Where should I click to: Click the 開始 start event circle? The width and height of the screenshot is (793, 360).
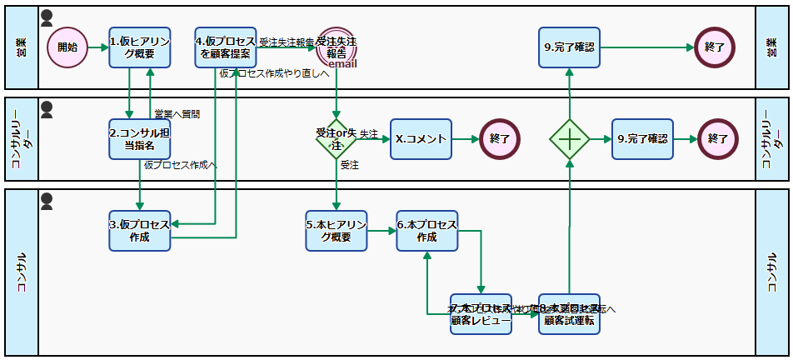click(x=67, y=47)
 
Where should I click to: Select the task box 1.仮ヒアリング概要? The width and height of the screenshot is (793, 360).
click(x=139, y=47)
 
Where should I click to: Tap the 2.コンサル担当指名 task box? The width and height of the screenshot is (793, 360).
click(x=139, y=138)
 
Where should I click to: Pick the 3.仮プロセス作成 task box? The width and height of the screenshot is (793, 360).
click(x=139, y=231)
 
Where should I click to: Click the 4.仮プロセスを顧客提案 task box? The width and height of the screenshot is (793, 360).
click(x=225, y=47)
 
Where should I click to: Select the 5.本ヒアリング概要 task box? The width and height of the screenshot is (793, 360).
click(x=337, y=231)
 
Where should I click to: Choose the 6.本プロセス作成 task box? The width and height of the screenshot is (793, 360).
click(x=426, y=231)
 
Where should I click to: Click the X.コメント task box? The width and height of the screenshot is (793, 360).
click(x=421, y=138)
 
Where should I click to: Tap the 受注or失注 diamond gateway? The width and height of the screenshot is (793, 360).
click(x=337, y=138)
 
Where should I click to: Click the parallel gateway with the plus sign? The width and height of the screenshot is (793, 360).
click(x=570, y=138)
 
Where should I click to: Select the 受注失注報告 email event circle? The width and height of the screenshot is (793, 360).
click(x=337, y=47)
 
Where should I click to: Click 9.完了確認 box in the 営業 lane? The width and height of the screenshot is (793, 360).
click(x=570, y=47)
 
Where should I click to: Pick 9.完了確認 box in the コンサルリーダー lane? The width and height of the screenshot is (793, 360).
click(x=642, y=138)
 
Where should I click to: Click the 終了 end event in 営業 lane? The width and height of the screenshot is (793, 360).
click(x=714, y=47)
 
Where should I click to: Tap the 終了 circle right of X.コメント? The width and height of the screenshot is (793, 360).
click(x=500, y=138)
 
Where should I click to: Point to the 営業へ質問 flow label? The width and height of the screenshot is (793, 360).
click(x=177, y=113)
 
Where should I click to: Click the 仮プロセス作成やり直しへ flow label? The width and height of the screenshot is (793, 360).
click(x=274, y=74)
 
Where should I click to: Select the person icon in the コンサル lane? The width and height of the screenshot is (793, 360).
click(x=47, y=200)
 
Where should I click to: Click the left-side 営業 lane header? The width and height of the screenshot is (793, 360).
click(x=21, y=47)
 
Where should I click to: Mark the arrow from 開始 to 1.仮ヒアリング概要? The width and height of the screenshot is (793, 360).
click(x=98, y=47)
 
